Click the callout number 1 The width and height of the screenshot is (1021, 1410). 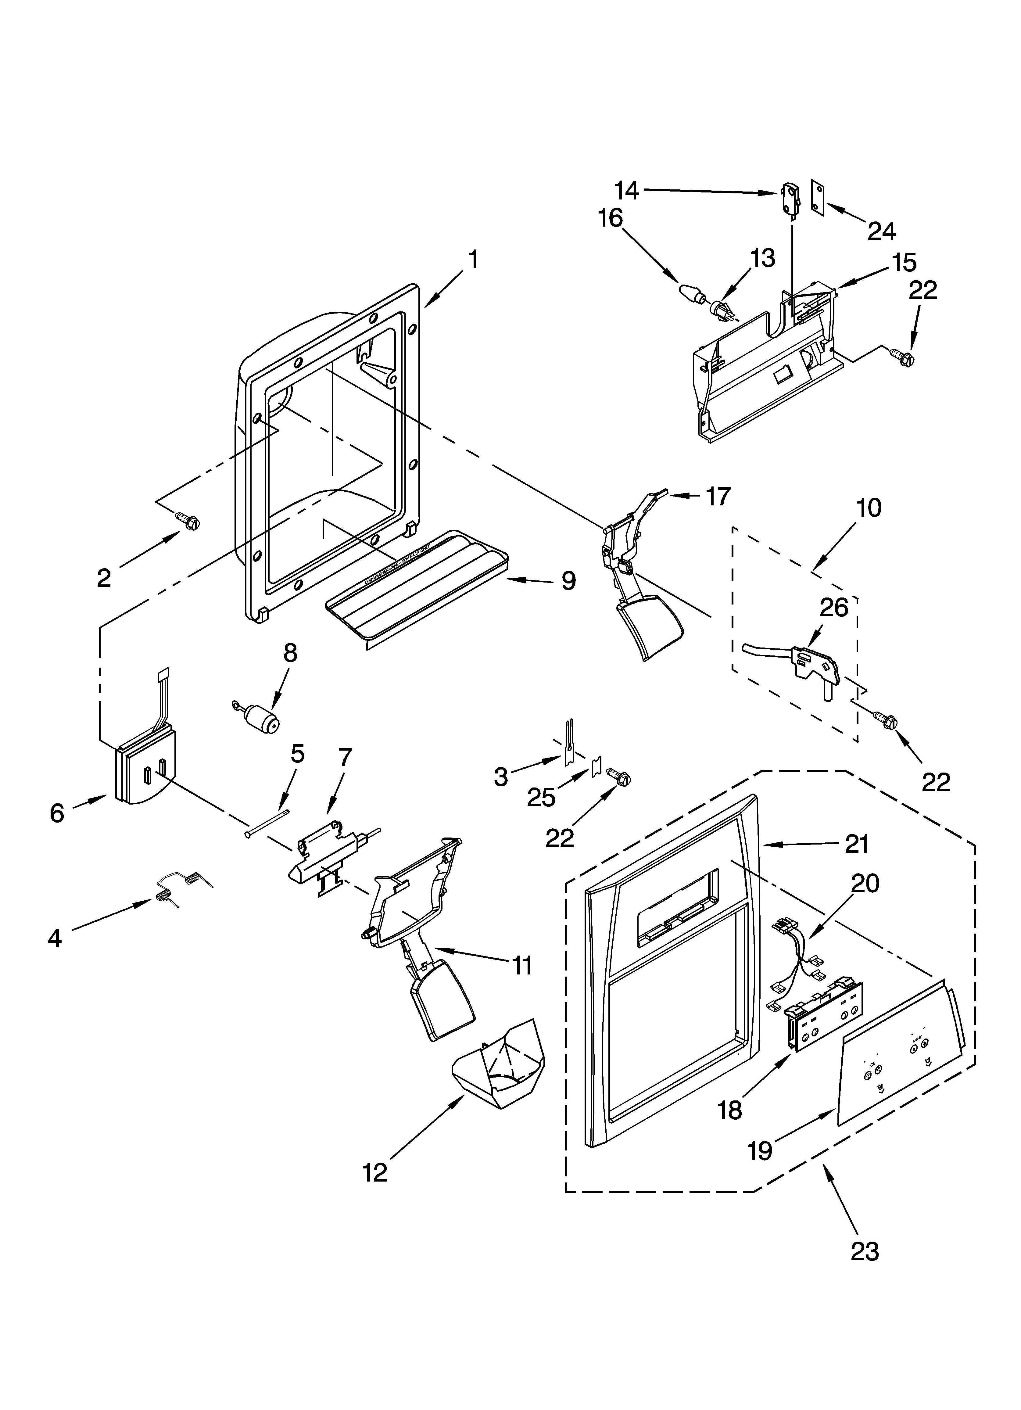click(473, 260)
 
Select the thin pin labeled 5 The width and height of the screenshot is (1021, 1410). click(267, 824)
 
